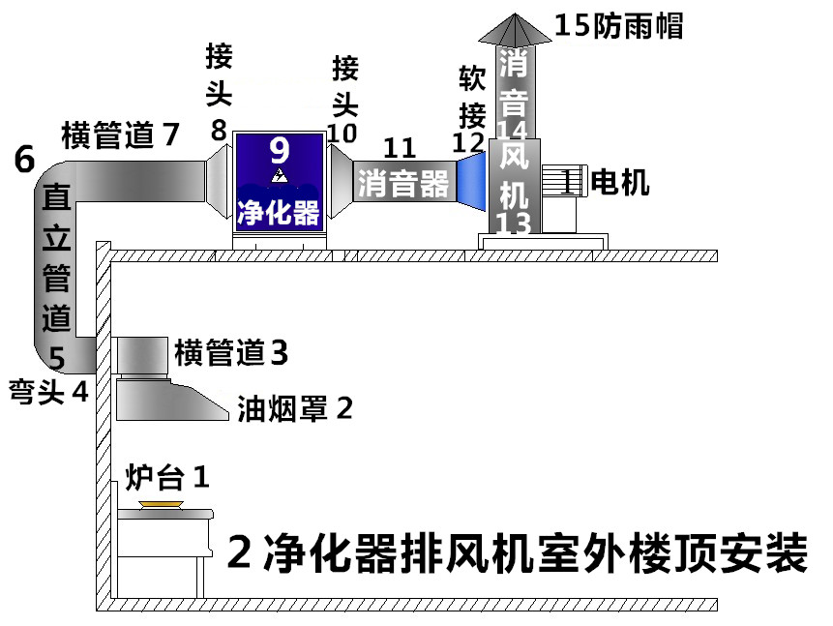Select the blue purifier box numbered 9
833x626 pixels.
(x=279, y=184)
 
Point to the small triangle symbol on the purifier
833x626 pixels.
(x=280, y=175)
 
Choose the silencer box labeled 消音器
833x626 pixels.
(x=404, y=182)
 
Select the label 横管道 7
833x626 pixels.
(x=120, y=134)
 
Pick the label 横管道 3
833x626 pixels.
(x=231, y=352)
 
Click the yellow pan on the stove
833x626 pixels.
(x=161, y=505)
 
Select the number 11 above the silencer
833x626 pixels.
(x=400, y=148)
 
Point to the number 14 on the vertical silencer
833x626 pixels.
(x=512, y=129)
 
